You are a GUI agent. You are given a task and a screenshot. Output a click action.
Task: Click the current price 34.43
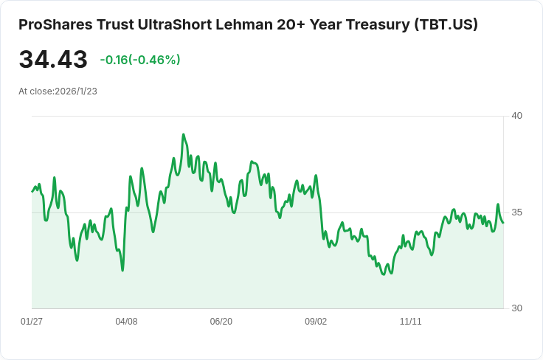click(x=53, y=60)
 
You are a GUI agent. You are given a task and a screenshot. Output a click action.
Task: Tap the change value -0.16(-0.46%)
click(x=140, y=60)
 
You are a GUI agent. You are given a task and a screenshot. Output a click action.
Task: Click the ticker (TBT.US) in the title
click(x=446, y=24)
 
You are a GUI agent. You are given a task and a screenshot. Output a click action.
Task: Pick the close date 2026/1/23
click(x=76, y=91)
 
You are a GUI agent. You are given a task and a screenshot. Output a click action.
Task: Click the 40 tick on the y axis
click(x=516, y=116)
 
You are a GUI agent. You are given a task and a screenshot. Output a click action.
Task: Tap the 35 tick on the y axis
click(x=516, y=212)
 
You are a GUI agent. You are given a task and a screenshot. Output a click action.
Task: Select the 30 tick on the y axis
click(x=516, y=308)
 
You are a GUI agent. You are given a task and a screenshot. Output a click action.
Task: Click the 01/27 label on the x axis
click(x=32, y=322)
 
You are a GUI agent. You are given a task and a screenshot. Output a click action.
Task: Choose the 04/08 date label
click(x=127, y=322)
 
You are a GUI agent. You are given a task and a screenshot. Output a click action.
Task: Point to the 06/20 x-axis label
click(x=221, y=322)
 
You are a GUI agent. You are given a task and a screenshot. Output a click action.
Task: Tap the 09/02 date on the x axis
click(x=316, y=322)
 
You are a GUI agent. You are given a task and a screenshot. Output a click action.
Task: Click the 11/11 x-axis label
click(x=410, y=322)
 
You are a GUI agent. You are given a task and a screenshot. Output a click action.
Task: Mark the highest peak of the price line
click(x=183, y=134)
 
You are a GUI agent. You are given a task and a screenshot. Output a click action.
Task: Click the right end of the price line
click(x=503, y=222)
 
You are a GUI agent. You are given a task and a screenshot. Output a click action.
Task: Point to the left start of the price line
click(x=32, y=192)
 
